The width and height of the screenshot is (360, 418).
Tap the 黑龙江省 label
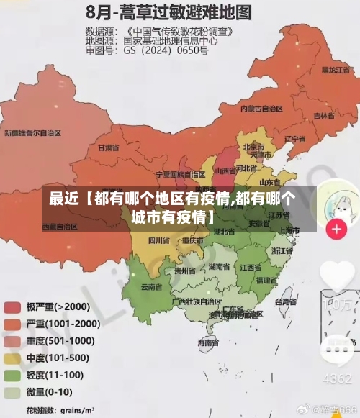coord(336,70)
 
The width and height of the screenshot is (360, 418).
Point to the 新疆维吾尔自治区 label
coord(33,133)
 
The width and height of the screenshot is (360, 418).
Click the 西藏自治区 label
coord(59,226)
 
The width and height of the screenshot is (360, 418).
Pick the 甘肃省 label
coord(107,148)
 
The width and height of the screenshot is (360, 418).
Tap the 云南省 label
coord(151,286)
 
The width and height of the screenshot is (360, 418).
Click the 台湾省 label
coord(286,303)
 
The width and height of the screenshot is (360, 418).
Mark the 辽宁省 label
coord(296,138)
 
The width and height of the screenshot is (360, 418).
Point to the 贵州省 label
coord(185,271)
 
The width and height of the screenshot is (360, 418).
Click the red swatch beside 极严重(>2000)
coord(12,307)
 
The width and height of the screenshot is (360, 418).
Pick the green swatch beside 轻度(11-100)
coord(12,376)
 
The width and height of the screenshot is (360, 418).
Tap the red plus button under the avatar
coord(336,230)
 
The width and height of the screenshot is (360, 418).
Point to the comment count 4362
coord(336,378)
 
